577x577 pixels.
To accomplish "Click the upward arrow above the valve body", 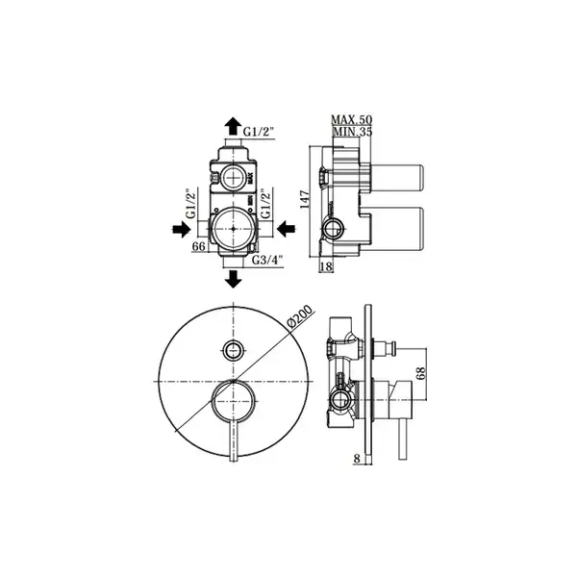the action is (233, 126).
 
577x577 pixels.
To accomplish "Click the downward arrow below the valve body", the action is (233, 278).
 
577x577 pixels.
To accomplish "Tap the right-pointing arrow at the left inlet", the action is (181, 229).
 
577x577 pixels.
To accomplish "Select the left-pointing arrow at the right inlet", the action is (286, 229).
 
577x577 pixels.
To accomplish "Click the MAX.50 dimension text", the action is (351, 119).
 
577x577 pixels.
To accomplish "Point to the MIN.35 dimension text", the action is (352, 131).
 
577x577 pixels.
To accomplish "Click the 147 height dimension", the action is (305, 199).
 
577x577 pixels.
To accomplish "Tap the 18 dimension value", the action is (326, 266).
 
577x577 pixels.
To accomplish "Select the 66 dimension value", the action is (199, 246).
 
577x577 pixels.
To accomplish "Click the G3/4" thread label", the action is (266, 260).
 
